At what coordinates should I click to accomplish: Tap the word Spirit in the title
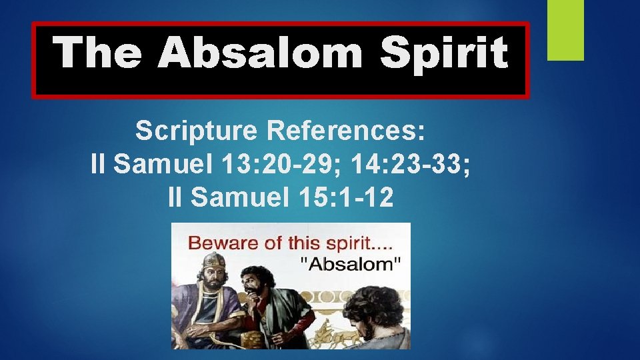tap(444, 53)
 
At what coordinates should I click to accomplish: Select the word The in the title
tap(97, 53)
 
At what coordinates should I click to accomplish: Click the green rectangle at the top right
tap(565, 29)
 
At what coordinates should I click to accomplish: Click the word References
tap(345, 131)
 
